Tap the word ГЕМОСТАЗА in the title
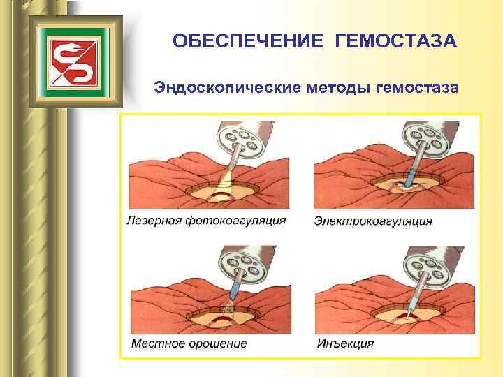click(396, 43)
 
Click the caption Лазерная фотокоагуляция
click(206, 221)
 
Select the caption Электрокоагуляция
click(373, 221)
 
